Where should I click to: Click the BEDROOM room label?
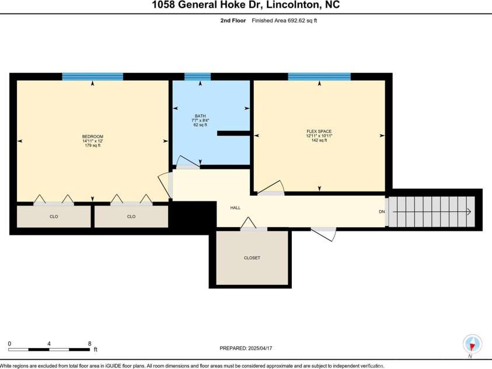(x=92, y=137)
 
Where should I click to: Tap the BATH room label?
(x=200, y=116)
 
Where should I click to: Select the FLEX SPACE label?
(x=319, y=131)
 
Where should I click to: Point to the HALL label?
(x=235, y=208)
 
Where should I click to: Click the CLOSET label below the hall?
(x=252, y=257)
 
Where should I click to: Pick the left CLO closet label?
(x=53, y=217)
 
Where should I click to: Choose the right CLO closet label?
(x=131, y=217)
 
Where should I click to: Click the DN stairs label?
(x=382, y=211)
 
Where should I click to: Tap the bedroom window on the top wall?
(x=93, y=76)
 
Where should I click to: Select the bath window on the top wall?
(x=197, y=76)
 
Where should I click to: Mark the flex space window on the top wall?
(x=319, y=76)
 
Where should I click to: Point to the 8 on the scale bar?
(x=89, y=343)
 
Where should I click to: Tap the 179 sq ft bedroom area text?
(x=92, y=145)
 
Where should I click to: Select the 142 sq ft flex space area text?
(x=319, y=140)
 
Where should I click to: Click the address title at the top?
(x=246, y=5)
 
